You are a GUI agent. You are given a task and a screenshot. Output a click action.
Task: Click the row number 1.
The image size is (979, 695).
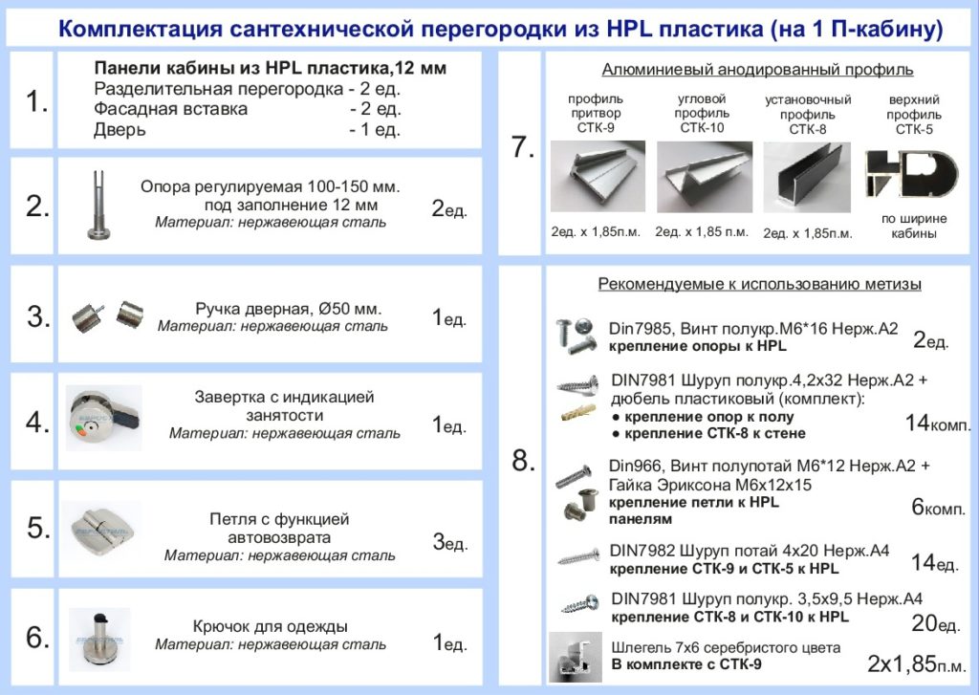point(36,102)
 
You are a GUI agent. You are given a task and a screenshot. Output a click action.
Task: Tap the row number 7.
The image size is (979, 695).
point(522,149)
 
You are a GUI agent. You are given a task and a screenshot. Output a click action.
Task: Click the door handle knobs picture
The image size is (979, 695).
point(105,315)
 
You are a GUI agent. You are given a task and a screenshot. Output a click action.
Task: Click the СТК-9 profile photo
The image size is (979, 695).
point(597,176)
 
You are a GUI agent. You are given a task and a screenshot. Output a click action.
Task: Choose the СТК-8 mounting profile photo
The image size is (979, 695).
point(808,176)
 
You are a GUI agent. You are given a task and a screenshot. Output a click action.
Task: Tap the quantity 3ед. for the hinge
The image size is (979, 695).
point(449,543)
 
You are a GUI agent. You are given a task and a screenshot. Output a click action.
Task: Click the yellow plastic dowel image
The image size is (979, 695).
point(582,414)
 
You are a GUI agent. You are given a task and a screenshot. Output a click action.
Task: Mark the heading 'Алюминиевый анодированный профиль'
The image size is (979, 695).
point(757,70)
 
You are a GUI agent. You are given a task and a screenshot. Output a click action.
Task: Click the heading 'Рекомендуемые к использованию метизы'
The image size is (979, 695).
point(759,284)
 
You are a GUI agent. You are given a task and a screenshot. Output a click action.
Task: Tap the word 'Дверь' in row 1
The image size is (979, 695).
point(120,130)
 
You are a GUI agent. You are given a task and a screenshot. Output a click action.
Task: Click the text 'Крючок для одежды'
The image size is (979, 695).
point(270,626)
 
